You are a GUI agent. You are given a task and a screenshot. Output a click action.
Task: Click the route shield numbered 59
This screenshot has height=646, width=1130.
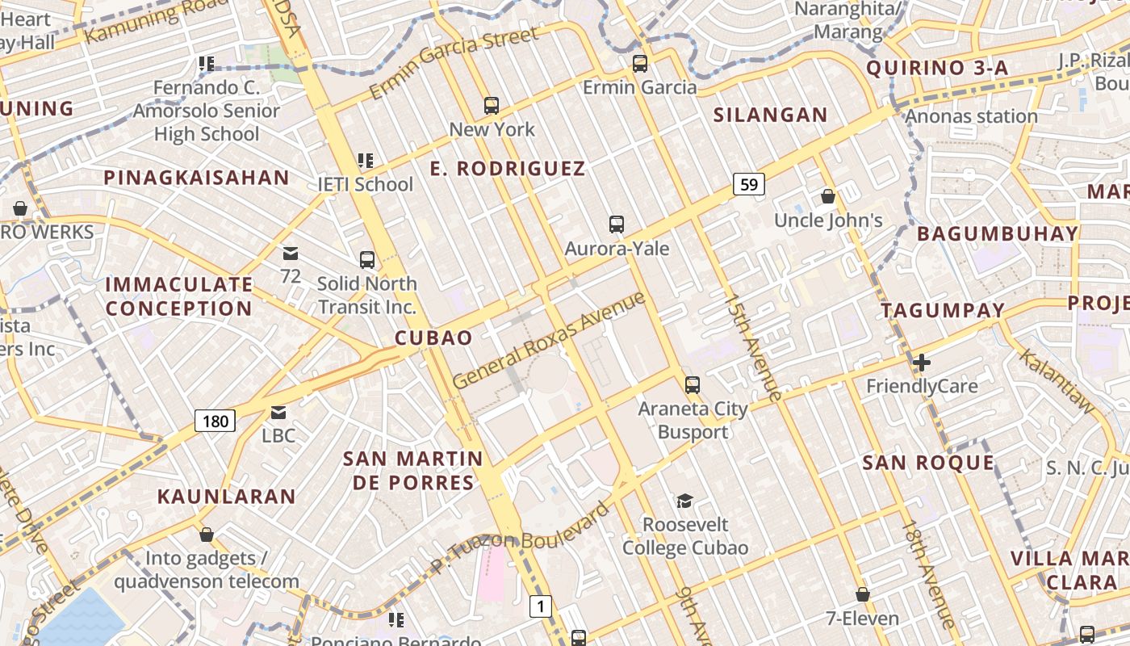coord(749,185)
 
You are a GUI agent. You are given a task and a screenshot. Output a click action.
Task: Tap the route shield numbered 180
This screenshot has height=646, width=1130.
coord(216,420)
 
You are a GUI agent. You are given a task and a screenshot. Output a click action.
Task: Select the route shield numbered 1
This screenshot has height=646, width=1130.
coord(541,606)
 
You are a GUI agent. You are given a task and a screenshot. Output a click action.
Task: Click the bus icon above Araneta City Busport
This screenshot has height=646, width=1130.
coord(693,384)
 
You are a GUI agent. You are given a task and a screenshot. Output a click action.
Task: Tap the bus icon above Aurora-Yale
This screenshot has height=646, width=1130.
coord(617,224)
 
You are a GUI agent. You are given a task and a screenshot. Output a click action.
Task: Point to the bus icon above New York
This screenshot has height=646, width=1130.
coord(491,105)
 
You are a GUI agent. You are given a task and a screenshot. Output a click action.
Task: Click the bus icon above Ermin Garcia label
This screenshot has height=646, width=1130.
coord(640,63)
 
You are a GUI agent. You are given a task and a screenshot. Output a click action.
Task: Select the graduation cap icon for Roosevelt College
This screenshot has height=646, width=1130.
coord(684,501)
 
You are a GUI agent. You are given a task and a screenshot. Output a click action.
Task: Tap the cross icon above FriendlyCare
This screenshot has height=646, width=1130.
coord(921,363)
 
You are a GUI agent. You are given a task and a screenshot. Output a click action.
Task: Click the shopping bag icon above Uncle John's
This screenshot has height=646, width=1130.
coord(827,196)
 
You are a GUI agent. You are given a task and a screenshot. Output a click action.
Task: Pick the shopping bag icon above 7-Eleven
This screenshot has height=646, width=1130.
coord(862,595)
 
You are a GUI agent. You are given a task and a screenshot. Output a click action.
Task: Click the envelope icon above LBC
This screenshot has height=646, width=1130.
coord(278,413)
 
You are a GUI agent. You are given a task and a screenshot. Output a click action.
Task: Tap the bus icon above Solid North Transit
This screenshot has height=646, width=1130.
coord(367,259)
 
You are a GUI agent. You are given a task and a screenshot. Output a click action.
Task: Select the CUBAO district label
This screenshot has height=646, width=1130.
coord(433,338)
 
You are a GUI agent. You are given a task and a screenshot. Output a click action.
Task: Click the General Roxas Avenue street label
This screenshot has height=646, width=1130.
coord(549,340)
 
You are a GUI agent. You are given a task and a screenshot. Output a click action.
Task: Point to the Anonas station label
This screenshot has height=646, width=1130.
coord(971,116)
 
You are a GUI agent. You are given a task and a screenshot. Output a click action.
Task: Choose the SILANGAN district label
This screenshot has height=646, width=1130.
coord(770,115)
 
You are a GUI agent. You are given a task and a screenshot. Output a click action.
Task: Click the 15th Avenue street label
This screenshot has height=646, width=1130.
coord(753,347)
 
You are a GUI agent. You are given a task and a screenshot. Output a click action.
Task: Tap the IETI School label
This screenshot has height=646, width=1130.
coord(365,184)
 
